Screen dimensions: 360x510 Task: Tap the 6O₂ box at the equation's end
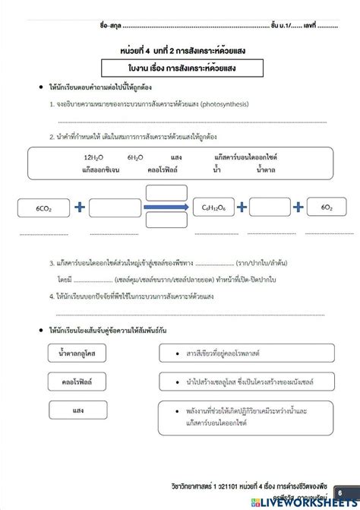327,207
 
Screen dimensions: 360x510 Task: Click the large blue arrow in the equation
169,207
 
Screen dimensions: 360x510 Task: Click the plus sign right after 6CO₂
79,207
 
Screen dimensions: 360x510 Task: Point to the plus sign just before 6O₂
299,207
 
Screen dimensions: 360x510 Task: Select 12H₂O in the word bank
97,157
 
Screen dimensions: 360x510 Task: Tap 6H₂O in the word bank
136,157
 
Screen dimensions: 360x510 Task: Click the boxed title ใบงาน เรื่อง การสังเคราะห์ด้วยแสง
181,68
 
